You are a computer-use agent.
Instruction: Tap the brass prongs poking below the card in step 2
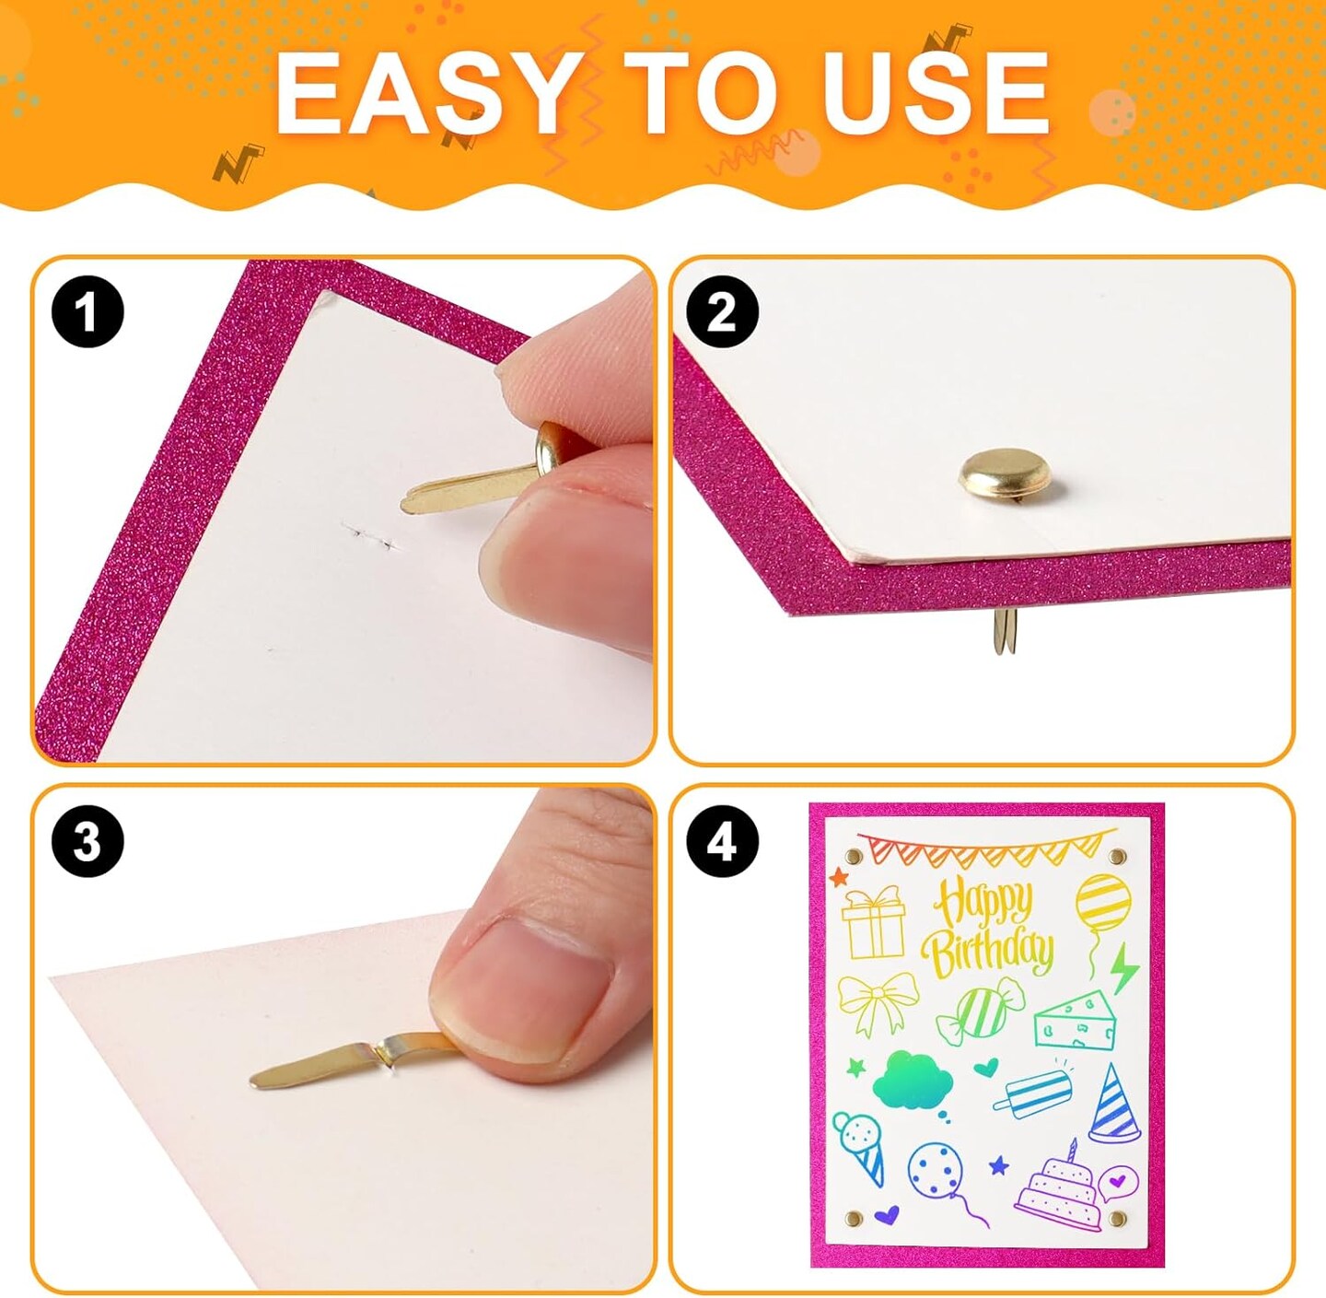coord(1001,631)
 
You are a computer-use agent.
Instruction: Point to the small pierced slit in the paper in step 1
coord(371,536)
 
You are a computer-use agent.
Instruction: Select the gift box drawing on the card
coord(873,923)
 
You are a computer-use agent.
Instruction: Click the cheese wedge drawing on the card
coord(1075,1021)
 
